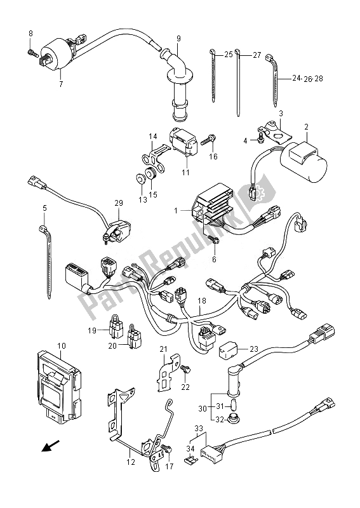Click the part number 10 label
pyautogui.click(x=62, y=346)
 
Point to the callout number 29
pyautogui.click(x=118, y=202)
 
